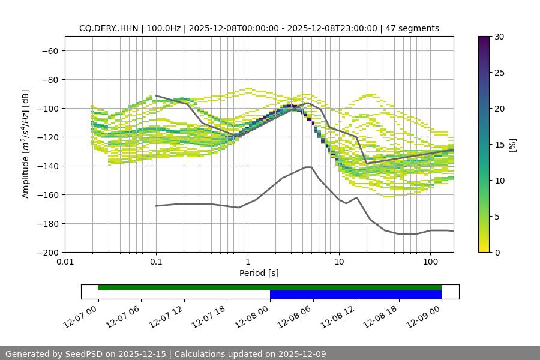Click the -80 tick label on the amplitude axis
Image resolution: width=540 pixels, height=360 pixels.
[49, 79]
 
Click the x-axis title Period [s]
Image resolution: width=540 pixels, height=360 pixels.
[259, 273]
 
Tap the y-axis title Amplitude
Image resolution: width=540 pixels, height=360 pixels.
[26, 144]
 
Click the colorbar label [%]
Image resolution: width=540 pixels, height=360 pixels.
[512, 145]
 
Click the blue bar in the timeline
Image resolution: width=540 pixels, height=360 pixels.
[356, 295]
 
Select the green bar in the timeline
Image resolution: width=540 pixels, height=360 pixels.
[270, 287]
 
